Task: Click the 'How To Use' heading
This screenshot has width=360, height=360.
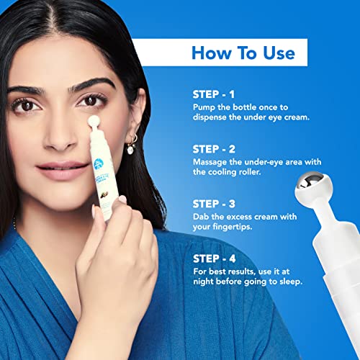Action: (x=243, y=53)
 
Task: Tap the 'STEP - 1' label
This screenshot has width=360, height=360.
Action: (x=213, y=94)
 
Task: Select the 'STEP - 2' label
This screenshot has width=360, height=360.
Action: (x=214, y=149)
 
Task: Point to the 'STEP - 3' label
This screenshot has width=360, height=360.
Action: (x=214, y=204)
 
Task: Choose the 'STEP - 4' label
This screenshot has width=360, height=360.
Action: (x=215, y=258)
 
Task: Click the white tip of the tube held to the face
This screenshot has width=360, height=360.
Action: (x=94, y=121)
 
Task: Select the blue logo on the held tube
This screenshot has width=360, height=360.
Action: (x=99, y=163)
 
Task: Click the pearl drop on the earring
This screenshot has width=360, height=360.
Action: (x=130, y=150)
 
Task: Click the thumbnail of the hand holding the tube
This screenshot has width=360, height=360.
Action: (x=122, y=199)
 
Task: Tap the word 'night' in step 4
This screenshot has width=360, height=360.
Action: (x=204, y=282)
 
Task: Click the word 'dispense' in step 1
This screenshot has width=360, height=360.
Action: (x=210, y=117)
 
